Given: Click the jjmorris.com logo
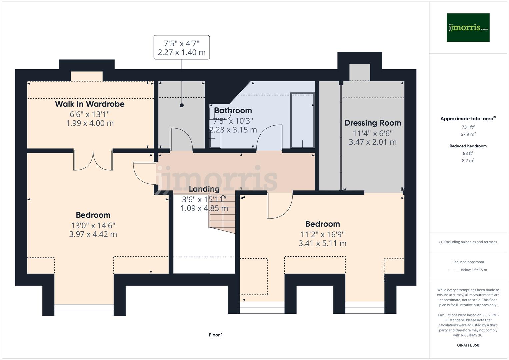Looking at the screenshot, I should click(468, 28).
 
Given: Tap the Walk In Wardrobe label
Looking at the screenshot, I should click(90, 104).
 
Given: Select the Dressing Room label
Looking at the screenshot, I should click(372, 123).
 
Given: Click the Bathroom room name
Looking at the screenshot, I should click(233, 111).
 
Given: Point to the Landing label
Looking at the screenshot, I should click(204, 189).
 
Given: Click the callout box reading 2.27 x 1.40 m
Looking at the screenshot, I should click(182, 47).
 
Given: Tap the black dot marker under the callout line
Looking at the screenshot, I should click(182, 105).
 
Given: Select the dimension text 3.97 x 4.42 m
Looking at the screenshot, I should click(93, 234).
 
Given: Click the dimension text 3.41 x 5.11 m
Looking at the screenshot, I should click(322, 243).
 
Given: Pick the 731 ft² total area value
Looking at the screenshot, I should click(468, 127).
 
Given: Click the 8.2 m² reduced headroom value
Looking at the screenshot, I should click(468, 160).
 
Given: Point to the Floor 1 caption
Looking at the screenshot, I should click(216, 335).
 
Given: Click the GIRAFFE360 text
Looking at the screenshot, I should click(468, 345).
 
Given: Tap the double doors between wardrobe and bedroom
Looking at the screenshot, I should click(93, 161).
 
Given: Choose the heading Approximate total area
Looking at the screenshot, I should click(468, 119).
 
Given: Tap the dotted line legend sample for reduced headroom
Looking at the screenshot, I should click(454, 270).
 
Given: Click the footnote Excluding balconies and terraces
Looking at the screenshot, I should click(468, 242).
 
